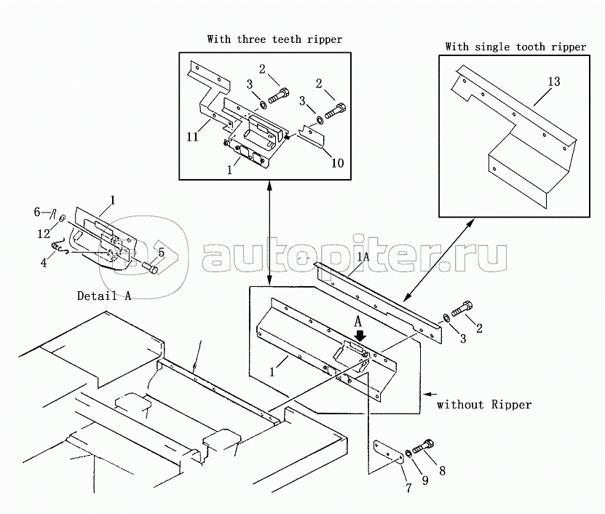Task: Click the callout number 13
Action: coord(554,82)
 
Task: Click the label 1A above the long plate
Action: coord(363,256)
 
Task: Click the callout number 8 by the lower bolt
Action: coord(441,471)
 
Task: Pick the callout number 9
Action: coord(424,479)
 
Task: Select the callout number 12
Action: coord(44,233)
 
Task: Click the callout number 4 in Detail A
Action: coord(44,262)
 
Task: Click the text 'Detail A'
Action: coord(104,296)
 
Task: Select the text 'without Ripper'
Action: coord(483,405)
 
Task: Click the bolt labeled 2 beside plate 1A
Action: coord(464,309)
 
